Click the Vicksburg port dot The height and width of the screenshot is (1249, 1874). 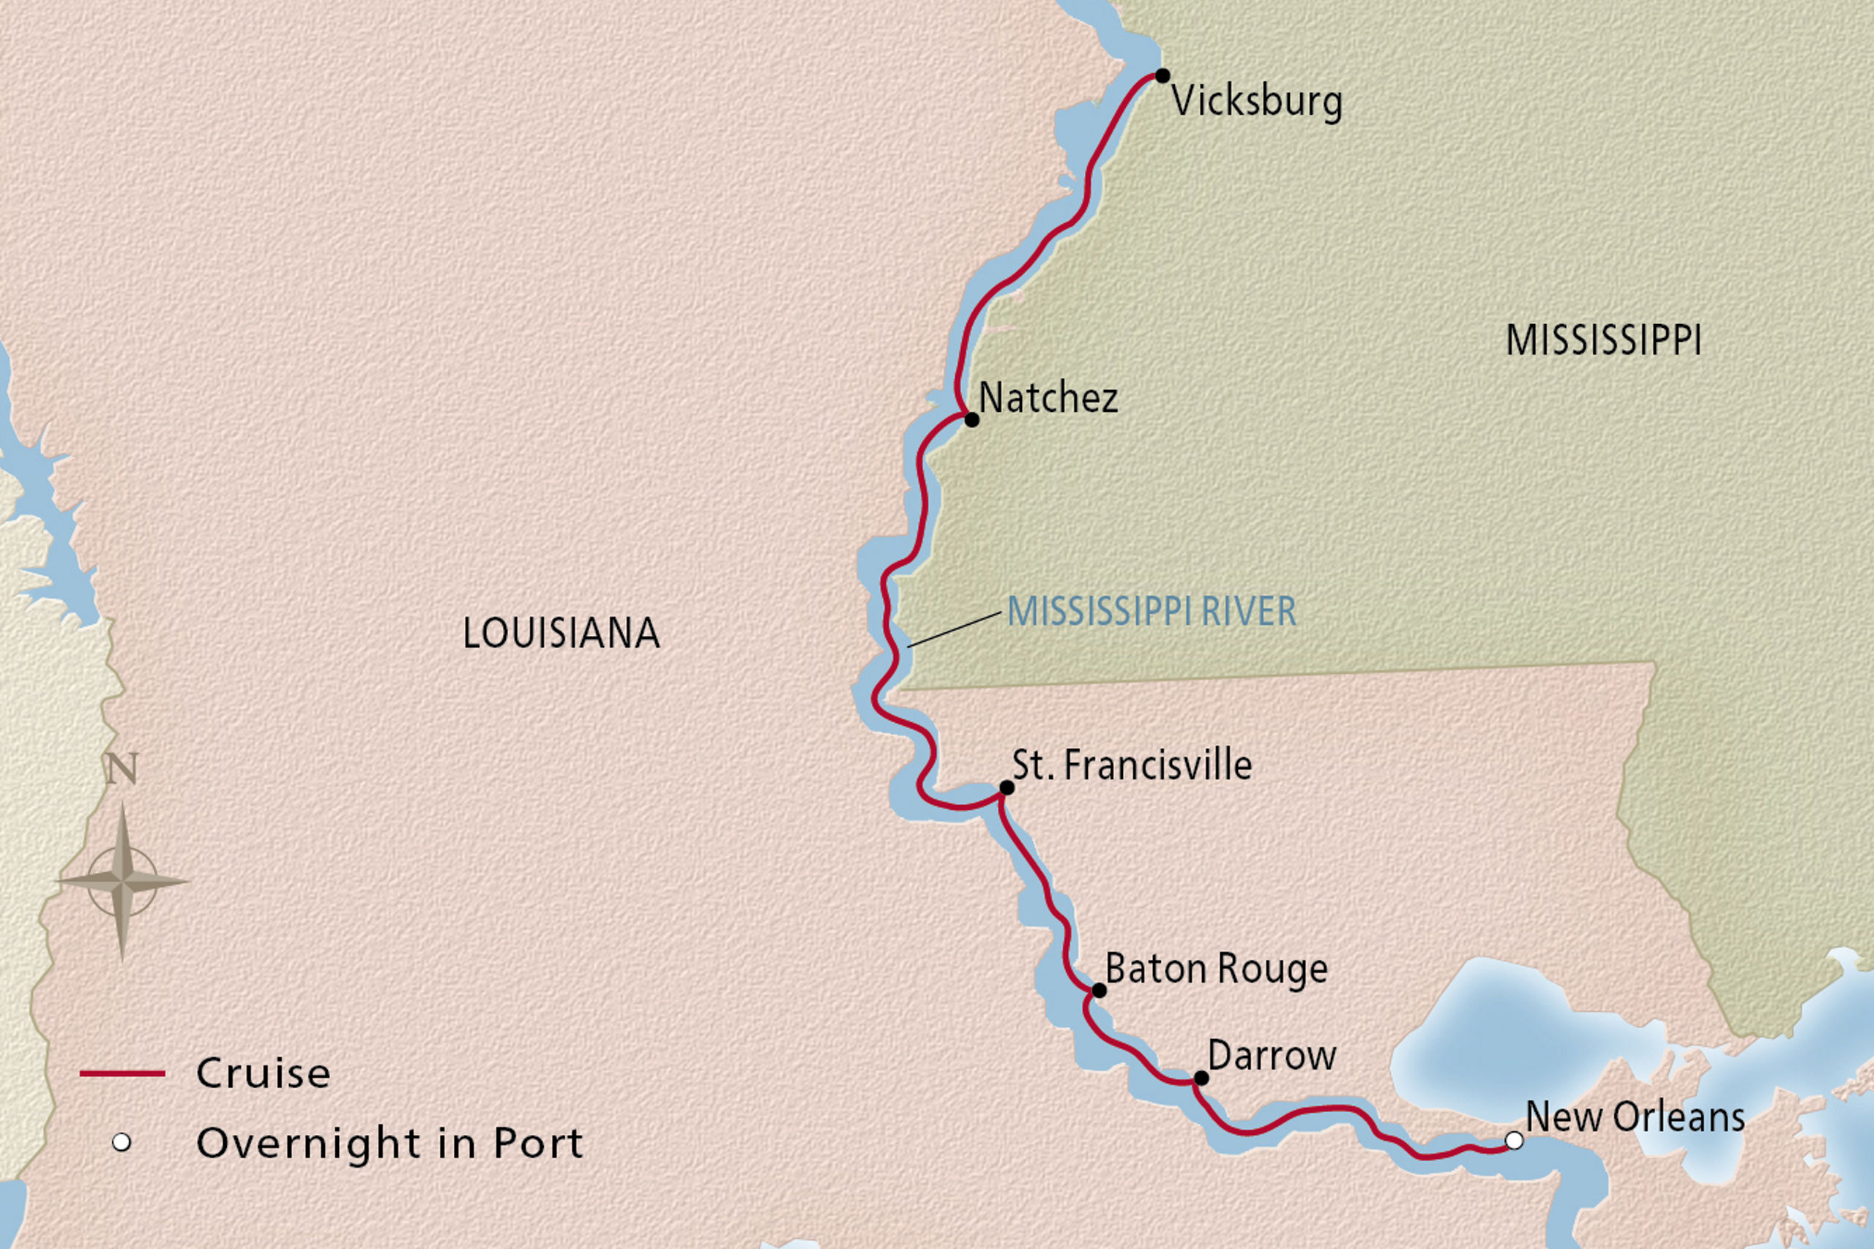click(x=1162, y=75)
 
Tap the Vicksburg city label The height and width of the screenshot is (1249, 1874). click(x=1256, y=102)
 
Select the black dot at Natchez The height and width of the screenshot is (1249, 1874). click(x=971, y=419)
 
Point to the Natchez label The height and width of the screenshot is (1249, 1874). click(x=1048, y=397)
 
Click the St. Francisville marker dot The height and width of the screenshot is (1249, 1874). click(x=1007, y=788)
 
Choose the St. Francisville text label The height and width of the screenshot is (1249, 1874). click(x=1132, y=765)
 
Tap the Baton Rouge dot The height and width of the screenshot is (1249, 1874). click(x=1099, y=990)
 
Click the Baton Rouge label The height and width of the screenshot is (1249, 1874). click(x=1216, y=969)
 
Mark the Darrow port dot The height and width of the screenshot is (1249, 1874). click(x=1201, y=1079)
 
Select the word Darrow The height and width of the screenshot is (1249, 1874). click(x=1272, y=1057)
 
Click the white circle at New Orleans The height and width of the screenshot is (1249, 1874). click(x=1514, y=1141)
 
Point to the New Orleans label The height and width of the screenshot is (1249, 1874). click(x=1635, y=1117)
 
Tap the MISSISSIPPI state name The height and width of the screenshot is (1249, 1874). click(x=1603, y=340)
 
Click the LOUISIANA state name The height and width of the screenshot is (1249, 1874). click(x=561, y=634)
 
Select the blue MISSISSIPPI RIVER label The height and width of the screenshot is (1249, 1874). click(x=1151, y=612)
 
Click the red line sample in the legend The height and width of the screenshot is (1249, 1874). click(x=122, y=1073)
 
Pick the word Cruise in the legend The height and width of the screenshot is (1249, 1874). click(x=263, y=1073)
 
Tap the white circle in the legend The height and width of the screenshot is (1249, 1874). click(x=121, y=1143)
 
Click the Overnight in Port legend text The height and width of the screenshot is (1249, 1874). click(x=389, y=1144)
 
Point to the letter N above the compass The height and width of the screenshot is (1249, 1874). click(x=122, y=769)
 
